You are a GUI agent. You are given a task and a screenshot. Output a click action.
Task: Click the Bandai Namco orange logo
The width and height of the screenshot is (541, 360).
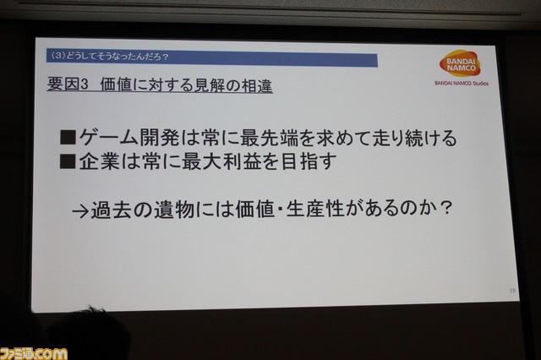[460, 63]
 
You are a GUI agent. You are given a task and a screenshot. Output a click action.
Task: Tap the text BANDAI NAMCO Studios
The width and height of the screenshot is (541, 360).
[462, 83]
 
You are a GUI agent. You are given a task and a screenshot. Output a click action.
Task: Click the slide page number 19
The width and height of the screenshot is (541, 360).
[512, 291]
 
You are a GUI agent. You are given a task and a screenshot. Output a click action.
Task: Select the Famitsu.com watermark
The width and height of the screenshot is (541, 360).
[34, 354]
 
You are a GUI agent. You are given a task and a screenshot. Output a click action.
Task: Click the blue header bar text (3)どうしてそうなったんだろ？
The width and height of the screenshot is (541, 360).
[109, 57]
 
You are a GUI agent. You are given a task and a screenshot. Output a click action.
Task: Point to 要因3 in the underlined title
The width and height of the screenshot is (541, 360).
[68, 85]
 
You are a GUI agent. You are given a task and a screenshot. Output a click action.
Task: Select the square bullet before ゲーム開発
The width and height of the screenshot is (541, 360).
[68, 137]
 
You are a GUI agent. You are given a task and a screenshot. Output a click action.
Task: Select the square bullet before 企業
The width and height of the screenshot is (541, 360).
[68, 161]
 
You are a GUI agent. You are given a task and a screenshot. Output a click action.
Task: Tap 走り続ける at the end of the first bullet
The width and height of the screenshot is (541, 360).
[404, 138]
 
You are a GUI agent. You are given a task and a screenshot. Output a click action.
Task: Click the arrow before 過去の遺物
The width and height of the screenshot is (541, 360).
[81, 210]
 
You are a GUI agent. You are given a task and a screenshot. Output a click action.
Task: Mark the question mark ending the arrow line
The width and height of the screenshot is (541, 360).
[446, 208]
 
